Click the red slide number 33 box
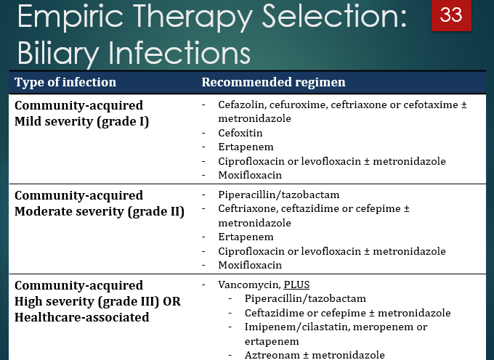[x=451, y=16]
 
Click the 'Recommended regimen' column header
[x=273, y=82]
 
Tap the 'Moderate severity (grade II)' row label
[x=100, y=211]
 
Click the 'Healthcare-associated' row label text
[x=81, y=317]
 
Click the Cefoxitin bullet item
[x=240, y=134]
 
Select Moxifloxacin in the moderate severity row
[x=250, y=265]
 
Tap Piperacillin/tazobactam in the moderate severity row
[x=278, y=195]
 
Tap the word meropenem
[x=372, y=327]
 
